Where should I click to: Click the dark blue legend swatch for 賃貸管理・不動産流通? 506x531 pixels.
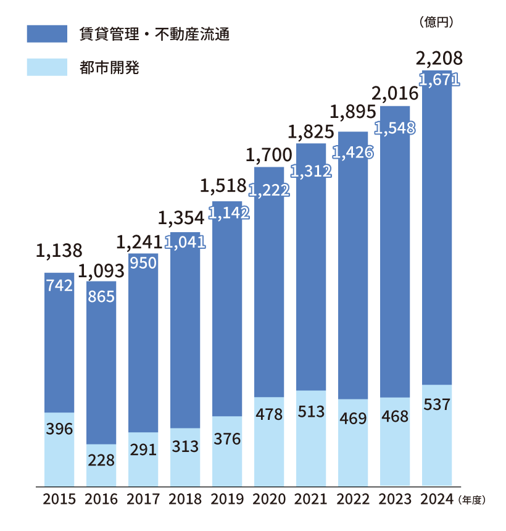47,34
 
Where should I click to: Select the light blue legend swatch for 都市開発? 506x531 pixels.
47,67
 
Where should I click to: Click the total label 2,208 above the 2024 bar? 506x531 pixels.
439,59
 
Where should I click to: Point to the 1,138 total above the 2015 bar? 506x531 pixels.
59,250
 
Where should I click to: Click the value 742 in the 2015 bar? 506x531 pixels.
59,285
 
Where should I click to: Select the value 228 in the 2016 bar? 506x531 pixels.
101,461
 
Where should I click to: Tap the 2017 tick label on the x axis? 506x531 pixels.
143,500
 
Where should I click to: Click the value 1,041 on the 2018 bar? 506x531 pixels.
185,243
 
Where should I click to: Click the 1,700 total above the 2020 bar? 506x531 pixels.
269,154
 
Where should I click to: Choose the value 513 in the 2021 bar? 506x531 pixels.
311,412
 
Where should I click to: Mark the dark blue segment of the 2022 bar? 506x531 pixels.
353,278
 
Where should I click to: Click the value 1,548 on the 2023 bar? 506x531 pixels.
395,128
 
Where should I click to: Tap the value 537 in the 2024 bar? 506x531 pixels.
437,405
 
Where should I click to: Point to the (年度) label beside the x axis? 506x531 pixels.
472,500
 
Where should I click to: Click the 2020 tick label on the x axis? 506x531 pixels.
269,500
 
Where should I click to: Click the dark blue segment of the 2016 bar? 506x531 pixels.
101,370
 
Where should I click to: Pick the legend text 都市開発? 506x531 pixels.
109,67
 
